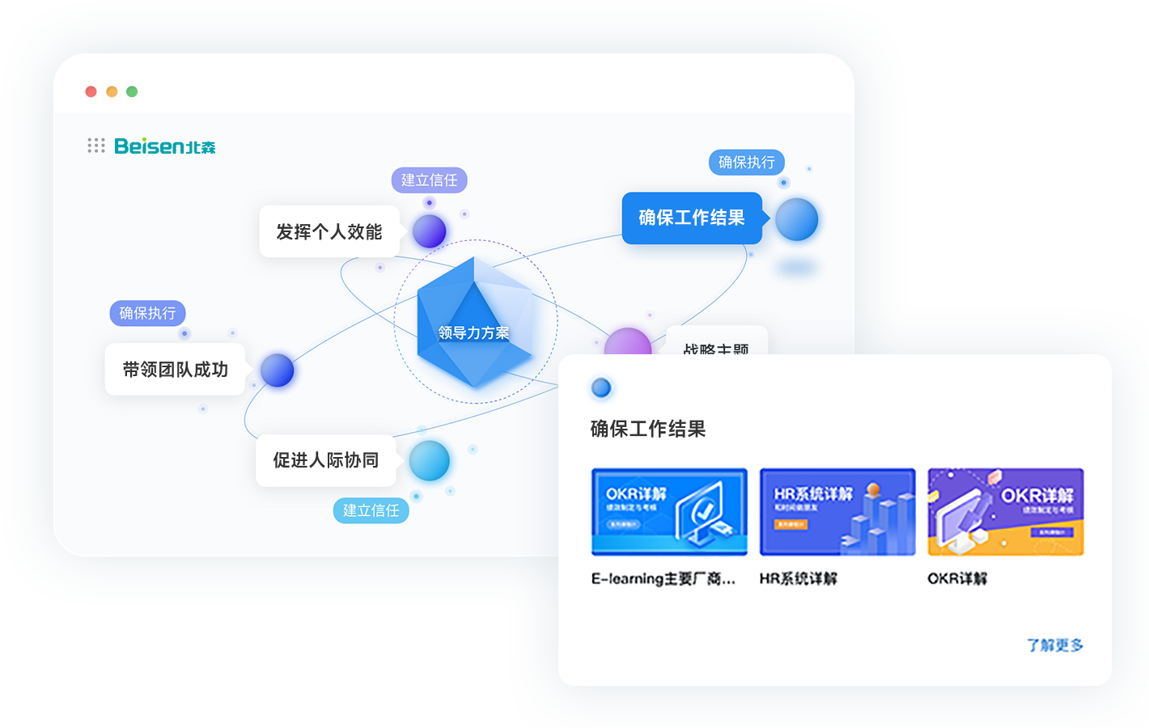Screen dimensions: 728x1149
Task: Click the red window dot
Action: (91, 91)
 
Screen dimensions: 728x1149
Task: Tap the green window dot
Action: (132, 91)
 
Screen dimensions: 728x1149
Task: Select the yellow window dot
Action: (112, 91)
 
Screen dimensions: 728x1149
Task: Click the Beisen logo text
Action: (165, 146)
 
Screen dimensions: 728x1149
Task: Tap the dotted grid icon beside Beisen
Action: (96, 146)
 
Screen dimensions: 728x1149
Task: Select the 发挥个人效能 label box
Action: (329, 232)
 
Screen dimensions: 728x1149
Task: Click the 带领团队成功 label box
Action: (175, 370)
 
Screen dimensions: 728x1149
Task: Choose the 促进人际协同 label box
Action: (325, 460)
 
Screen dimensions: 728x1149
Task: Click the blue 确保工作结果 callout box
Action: (692, 218)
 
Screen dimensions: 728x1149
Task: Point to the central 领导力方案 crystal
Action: (474, 324)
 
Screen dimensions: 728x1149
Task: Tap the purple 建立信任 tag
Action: (429, 180)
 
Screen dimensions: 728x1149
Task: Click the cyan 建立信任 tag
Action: (371, 510)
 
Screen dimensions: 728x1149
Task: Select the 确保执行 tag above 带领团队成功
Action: (147, 313)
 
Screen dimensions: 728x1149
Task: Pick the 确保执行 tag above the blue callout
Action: (746, 163)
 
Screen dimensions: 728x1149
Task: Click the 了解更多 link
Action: (1054, 645)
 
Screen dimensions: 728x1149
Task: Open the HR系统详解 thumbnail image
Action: (837, 512)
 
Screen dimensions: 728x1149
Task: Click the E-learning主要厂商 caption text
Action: (664, 578)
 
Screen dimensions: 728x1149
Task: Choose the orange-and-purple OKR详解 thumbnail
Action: (1005, 512)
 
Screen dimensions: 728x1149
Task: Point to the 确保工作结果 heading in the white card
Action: (648, 429)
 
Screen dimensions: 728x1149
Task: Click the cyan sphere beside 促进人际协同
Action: (429, 461)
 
